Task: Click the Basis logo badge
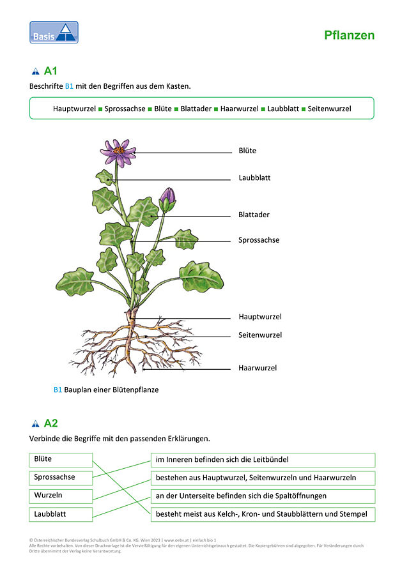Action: tap(54, 33)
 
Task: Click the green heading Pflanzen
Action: tap(350, 35)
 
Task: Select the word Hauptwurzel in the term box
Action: tap(74, 109)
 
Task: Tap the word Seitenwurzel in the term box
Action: tap(329, 109)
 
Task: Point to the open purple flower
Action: tap(118, 152)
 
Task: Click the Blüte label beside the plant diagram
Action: tap(247, 150)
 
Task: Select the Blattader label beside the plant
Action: tap(254, 215)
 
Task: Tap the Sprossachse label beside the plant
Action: tap(259, 240)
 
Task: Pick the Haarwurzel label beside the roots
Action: tap(258, 368)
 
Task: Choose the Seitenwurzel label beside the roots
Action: tap(260, 335)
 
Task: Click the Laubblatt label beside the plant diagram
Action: tap(254, 178)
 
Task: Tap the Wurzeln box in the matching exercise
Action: tap(61, 496)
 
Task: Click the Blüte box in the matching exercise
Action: tap(61, 460)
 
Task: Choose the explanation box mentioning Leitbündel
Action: tap(263, 460)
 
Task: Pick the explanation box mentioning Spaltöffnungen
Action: tap(263, 496)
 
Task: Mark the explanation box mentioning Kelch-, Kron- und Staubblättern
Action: tap(263, 514)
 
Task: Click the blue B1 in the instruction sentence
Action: tap(69, 86)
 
